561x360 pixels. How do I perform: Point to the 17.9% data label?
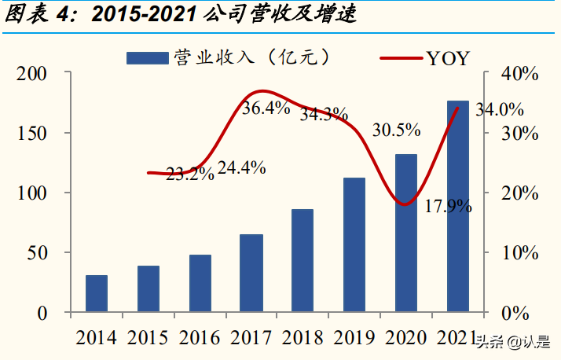click(448, 207)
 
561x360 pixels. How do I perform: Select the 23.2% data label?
click(190, 174)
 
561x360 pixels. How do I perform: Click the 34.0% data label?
click(500, 109)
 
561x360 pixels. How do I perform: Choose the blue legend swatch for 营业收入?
click(147, 57)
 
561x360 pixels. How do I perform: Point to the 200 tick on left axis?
click(33, 73)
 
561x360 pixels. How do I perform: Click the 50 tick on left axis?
click(38, 253)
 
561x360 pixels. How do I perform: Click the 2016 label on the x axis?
click(200, 338)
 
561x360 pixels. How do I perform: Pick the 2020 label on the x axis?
click(406, 338)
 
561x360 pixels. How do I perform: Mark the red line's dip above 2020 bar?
click(405, 204)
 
